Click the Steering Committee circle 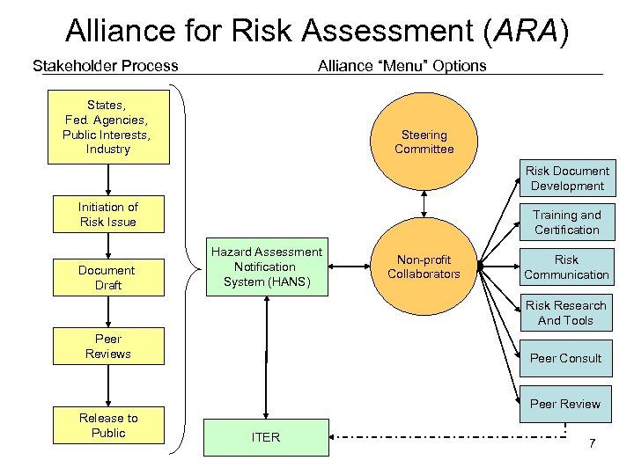(424, 142)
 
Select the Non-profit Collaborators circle (424, 267)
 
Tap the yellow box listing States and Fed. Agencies (108, 127)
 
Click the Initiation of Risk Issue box (108, 215)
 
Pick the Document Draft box (108, 278)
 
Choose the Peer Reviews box (108, 347)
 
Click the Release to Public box (108, 426)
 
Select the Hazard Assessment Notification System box (266, 267)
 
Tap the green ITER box (266, 437)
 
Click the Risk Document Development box (566, 179)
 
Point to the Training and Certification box (566, 223)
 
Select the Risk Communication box (566, 267)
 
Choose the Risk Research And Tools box (566, 313)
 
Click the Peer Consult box (566, 358)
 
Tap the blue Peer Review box (566, 404)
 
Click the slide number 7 (592, 442)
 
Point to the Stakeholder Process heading (105, 66)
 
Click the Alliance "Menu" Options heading (402, 66)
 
